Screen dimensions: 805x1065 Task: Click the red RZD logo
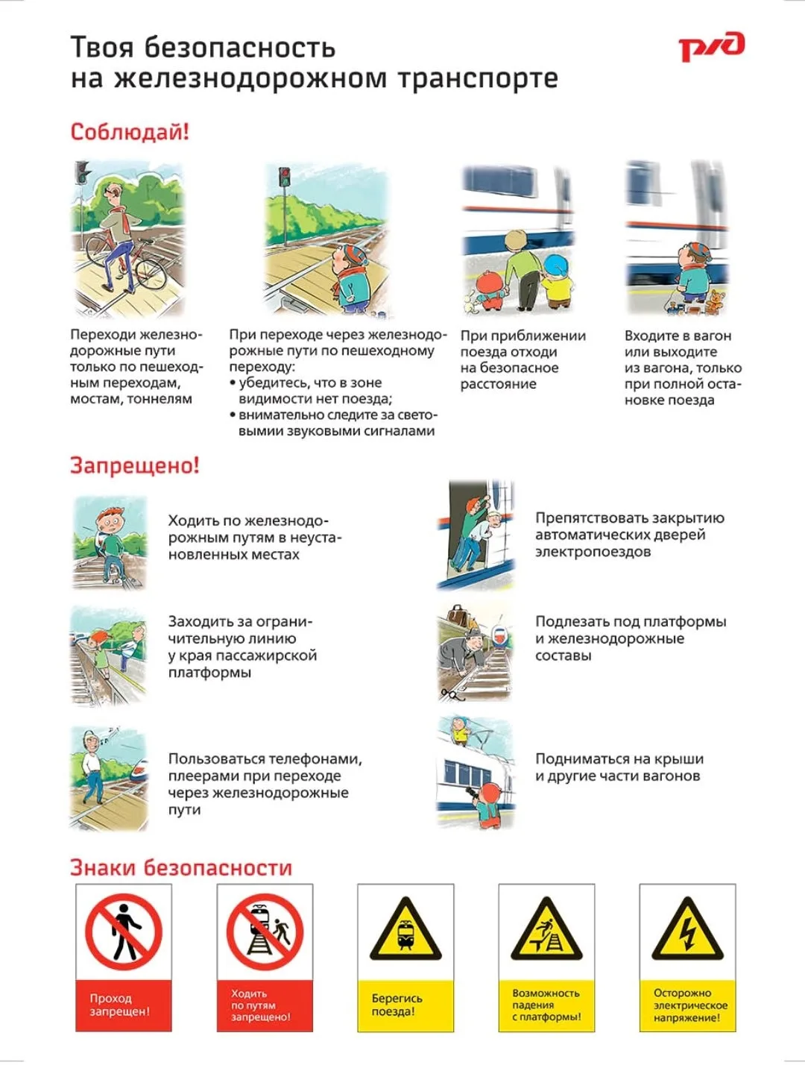click(711, 47)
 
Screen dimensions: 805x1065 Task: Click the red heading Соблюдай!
click(130, 133)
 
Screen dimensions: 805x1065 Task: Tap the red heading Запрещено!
click(134, 465)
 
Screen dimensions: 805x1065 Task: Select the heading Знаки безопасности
click(181, 867)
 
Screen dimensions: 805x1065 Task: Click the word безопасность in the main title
click(239, 48)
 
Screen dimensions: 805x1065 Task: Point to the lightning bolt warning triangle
click(687, 930)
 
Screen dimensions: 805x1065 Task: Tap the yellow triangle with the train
click(405, 930)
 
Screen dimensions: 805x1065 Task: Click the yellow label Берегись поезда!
click(405, 1005)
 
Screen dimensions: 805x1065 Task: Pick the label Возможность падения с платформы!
click(546, 1005)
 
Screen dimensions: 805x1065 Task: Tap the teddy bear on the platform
click(715, 302)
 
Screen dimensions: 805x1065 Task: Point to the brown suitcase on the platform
click(457, 615)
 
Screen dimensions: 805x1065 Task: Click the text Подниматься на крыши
click(619, 758)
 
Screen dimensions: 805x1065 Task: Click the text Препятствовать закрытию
click(630, 518)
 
